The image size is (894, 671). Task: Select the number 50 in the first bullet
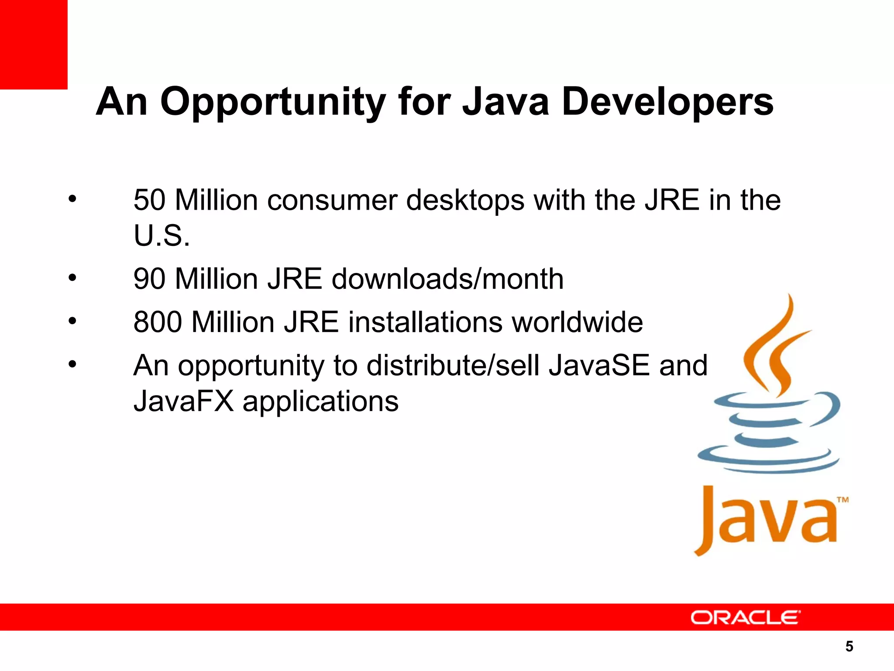[149, 200]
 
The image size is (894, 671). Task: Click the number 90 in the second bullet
[149, 279]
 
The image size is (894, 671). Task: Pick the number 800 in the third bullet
[158, 322]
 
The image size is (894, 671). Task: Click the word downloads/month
[447, 279]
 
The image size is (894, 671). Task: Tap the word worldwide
[577, 322]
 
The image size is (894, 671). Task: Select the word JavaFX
[184, 401]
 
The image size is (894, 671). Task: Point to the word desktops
[465, 200]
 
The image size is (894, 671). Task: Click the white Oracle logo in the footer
[745, 617]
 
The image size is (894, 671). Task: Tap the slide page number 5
[849, 646]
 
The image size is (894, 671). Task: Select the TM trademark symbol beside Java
[842, 500]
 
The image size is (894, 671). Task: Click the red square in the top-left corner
[34, 44]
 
